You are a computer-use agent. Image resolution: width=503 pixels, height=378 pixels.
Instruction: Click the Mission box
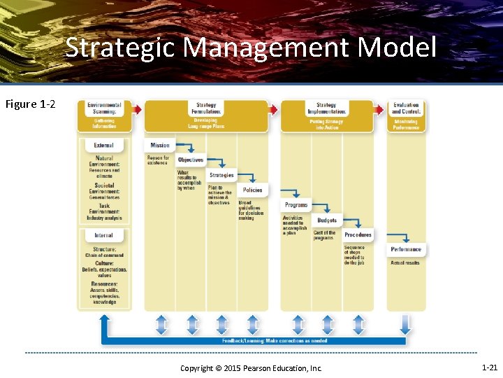point(160,146)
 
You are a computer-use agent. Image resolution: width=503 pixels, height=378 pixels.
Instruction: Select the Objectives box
point(190,160)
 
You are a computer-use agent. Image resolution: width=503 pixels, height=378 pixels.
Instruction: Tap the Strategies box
point(221,175)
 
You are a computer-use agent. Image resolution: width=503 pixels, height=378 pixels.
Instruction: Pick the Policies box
point(252,190)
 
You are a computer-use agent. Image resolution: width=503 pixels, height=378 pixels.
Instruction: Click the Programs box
point(296,205)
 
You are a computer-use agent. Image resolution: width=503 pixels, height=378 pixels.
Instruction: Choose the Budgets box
point(327,220)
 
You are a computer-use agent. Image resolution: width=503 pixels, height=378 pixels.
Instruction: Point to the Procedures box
point(358,234)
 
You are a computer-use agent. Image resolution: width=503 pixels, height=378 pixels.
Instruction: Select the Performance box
point(406,249)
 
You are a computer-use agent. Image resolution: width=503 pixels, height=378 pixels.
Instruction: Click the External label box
point(103,146)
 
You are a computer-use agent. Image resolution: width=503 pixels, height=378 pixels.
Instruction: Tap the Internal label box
point(103,235)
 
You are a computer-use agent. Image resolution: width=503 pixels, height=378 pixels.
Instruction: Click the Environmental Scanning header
point(104,108)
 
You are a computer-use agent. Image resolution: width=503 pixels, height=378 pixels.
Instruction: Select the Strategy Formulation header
point(206,108)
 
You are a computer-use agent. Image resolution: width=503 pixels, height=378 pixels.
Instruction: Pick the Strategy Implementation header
point(326,108)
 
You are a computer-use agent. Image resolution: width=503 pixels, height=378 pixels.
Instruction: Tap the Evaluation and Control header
point(406,108)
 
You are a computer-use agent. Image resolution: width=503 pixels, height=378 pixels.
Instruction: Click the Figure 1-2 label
point(31,104)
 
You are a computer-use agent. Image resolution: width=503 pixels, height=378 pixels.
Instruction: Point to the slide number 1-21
point(490,367)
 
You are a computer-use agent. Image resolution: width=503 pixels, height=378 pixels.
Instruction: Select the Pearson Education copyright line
point(251,368)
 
